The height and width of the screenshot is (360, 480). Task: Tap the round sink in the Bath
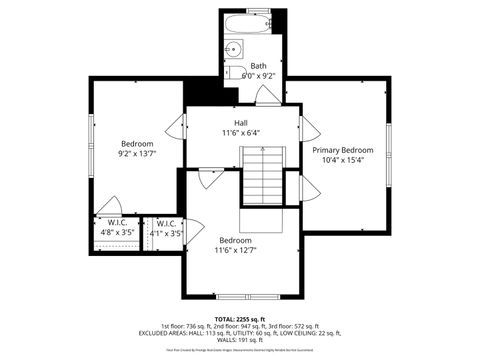[236, 48]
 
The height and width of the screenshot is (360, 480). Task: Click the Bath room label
[258, 66]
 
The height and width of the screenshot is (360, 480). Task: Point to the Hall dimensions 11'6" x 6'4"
[240, 132]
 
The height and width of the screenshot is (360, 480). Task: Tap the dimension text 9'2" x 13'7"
[137, 154]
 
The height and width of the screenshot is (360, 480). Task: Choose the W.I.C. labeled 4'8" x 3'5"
[117, 228]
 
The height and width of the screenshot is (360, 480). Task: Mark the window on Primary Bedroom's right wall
[390, 144]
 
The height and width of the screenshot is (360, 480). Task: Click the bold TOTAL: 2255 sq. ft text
[240, 317]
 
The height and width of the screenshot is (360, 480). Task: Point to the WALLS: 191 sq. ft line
[240, 340]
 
